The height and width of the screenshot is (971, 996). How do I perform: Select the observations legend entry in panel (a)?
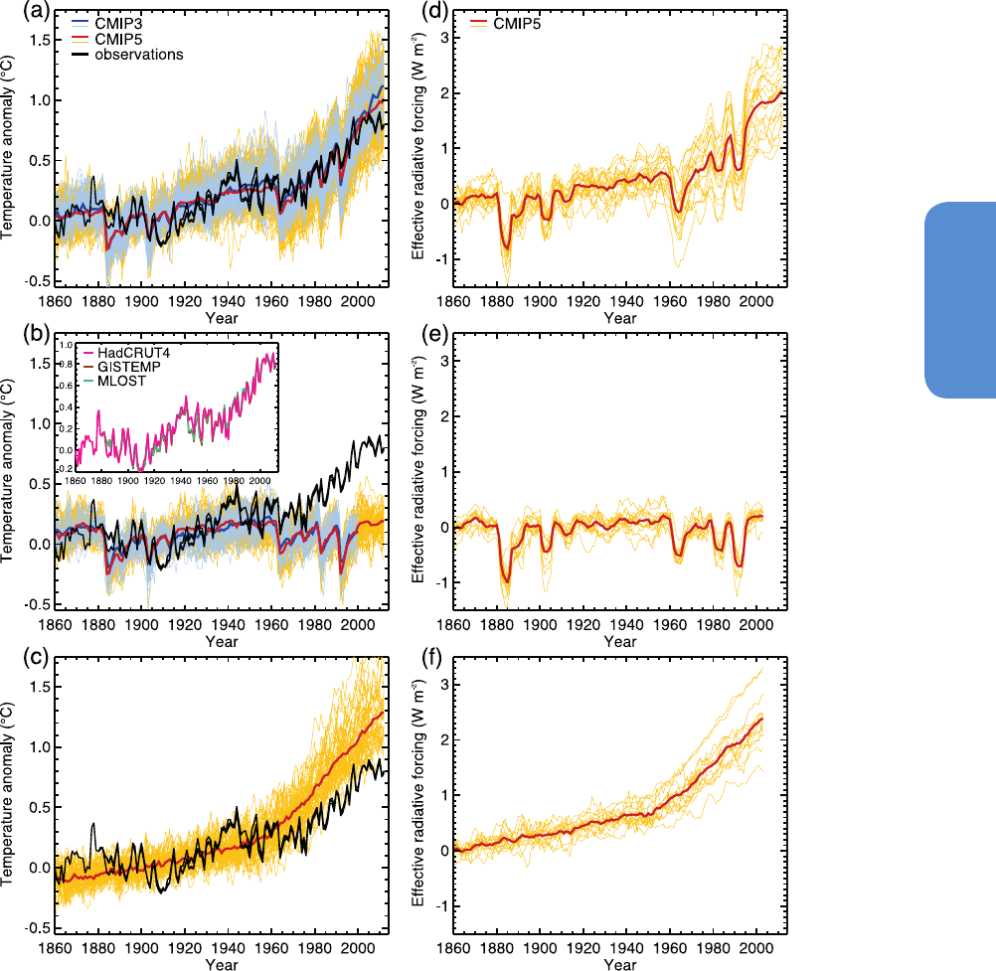point(138,55)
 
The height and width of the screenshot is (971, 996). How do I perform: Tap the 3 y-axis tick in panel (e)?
point(444,360)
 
